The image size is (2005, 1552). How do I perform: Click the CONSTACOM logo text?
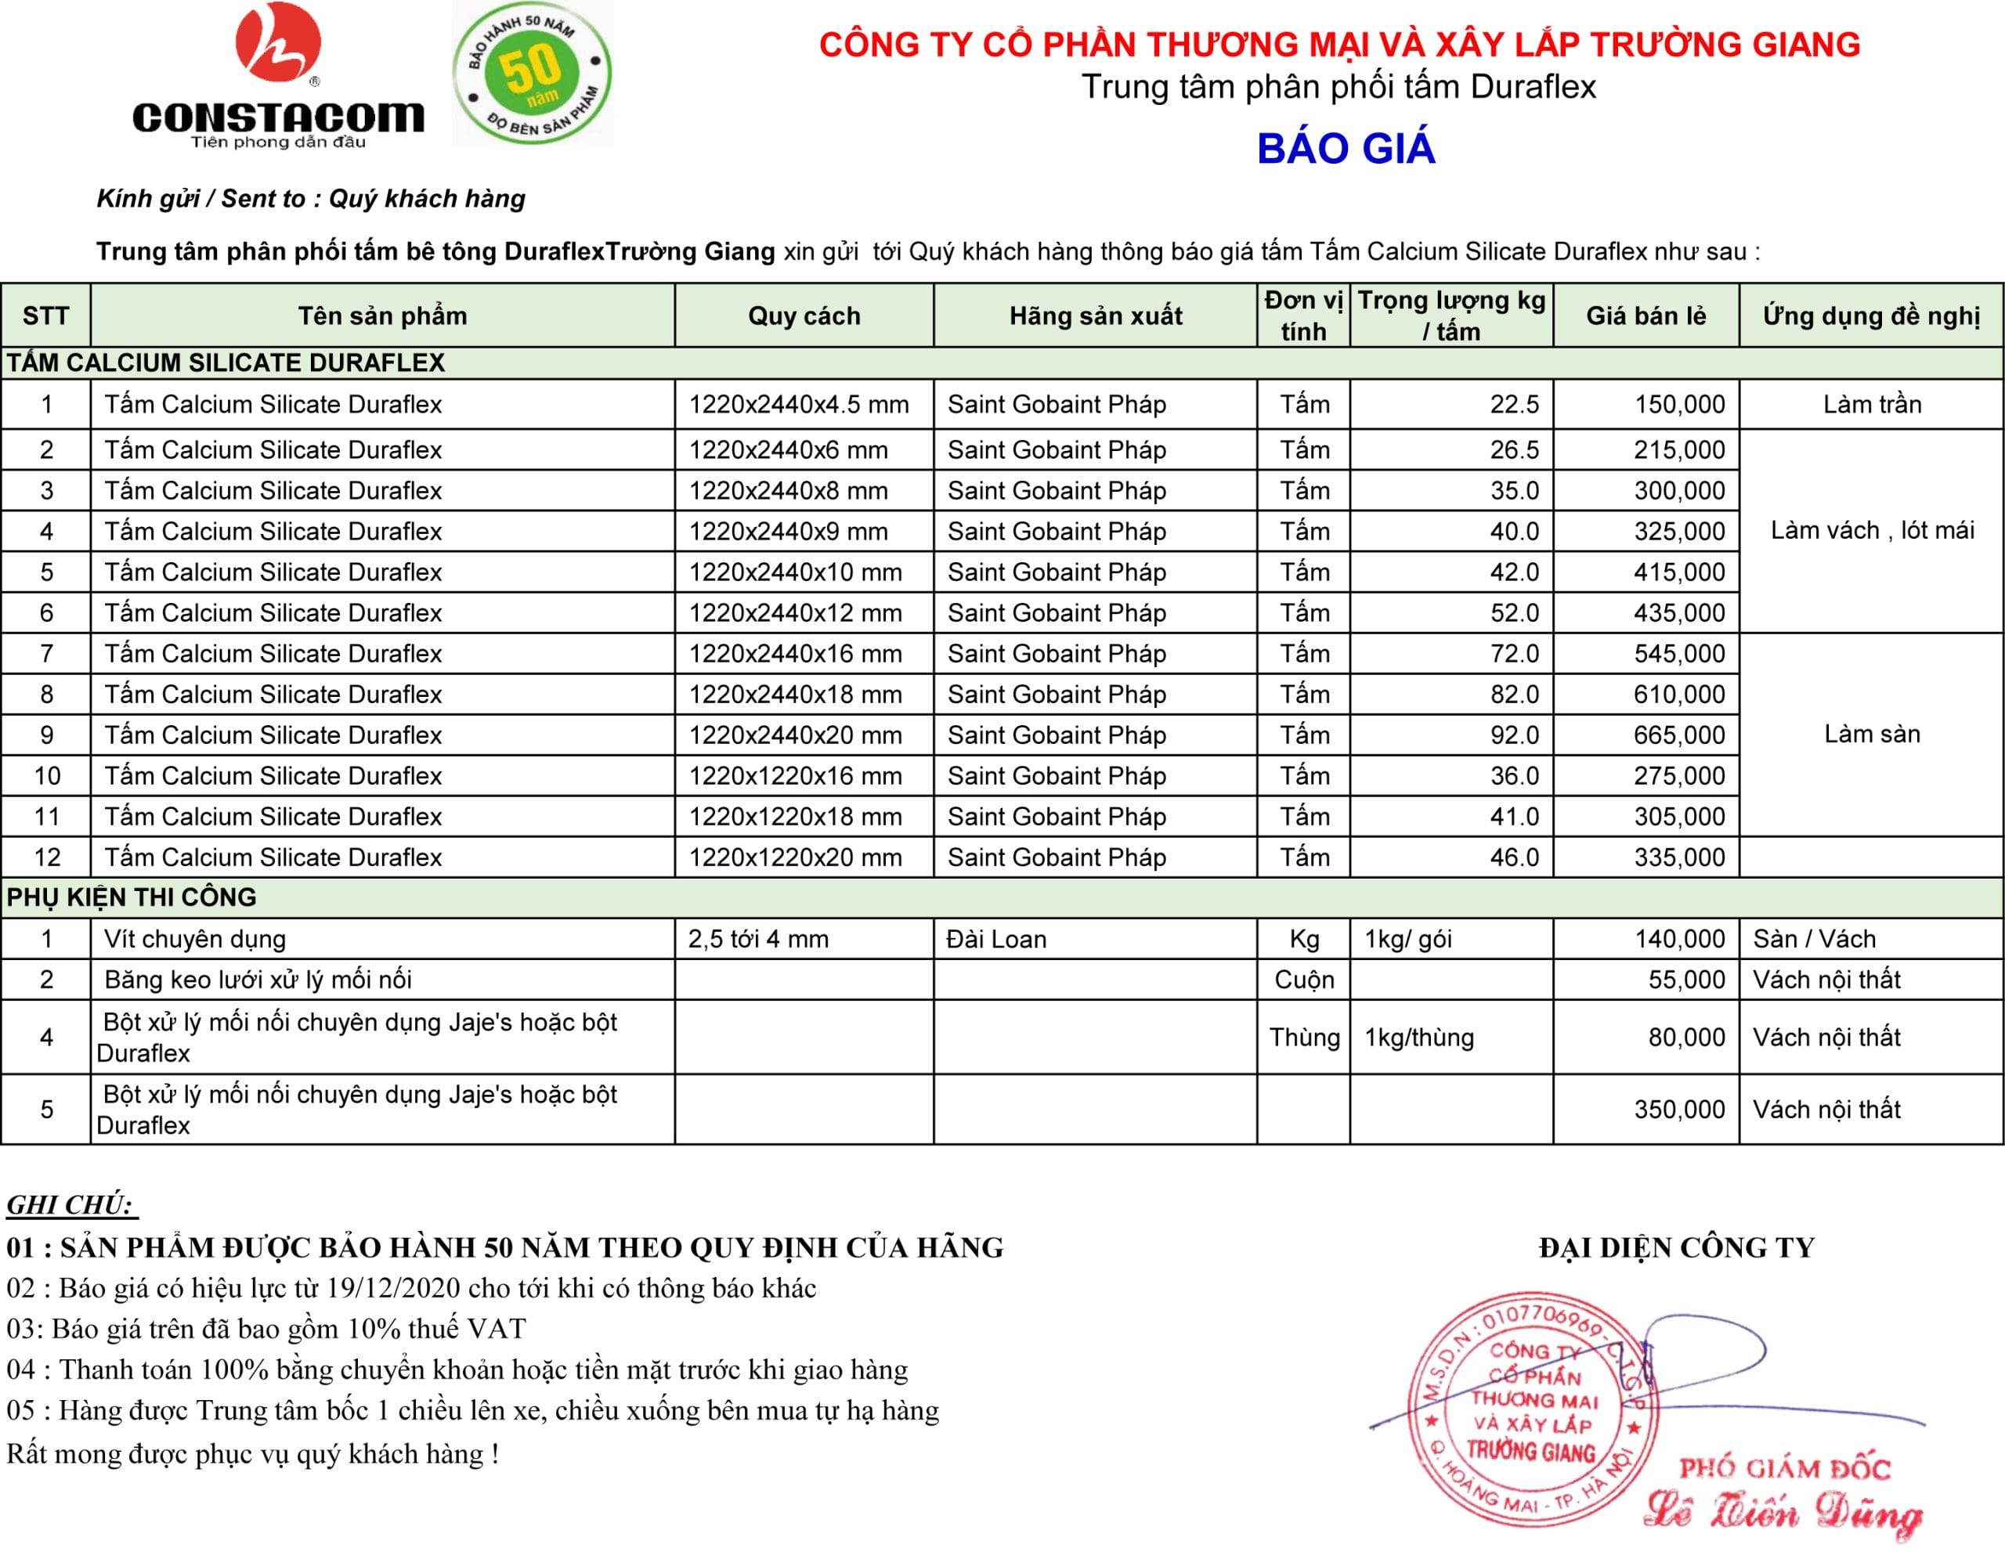click(x=278, y=117)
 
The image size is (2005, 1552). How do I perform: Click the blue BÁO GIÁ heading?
click(x=1345, y=149)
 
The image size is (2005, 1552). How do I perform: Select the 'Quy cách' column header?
click(x=804, y=316)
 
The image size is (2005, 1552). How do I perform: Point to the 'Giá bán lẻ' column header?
click(x=1646, y=316)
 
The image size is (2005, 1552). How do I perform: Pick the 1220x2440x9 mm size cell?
click(x=789, y=532)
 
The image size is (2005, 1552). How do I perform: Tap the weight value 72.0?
click(x=1514, y=654)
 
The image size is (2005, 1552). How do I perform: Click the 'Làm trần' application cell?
click(x=1872, y=405)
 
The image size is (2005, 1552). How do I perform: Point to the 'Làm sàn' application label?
click(x=1872, y=734)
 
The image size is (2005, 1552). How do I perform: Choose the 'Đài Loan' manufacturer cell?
click(x=996, y=939)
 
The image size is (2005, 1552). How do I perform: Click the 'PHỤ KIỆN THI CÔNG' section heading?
click(x=132, y=897)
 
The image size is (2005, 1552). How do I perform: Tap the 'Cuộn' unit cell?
click(x=1303, y=980)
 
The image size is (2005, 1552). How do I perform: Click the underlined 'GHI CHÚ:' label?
click(x=70, y=1205)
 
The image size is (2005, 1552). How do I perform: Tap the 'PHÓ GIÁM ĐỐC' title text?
click(x=1785, y=1468)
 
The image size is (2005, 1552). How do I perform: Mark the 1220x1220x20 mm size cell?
click(x=795, y=857)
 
